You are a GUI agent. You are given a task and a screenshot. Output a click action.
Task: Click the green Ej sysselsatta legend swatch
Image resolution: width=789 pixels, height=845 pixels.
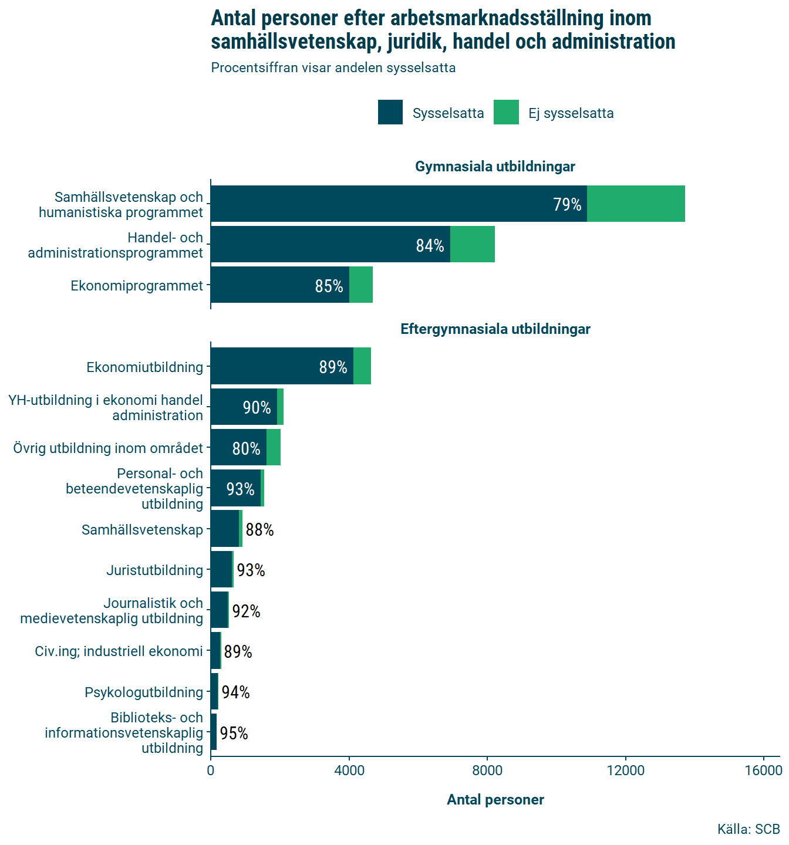(506, 113)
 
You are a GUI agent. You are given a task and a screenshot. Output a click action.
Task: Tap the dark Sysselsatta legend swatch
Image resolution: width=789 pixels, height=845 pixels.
(390, 113)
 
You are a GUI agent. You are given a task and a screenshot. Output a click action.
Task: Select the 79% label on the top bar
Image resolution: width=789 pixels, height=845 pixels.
(567, 204)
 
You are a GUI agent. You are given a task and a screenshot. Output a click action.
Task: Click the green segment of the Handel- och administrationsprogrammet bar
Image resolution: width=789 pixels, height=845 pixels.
(473, 244)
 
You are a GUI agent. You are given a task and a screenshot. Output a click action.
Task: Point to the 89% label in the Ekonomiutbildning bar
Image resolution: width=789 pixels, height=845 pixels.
(333, 367)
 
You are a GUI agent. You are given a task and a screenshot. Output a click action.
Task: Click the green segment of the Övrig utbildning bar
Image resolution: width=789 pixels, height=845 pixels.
(274, 448)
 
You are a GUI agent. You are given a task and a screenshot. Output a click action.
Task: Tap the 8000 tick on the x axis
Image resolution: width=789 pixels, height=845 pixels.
(487, 770)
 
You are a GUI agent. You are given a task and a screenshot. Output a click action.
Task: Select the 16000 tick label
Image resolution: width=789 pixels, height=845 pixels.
(763, 770)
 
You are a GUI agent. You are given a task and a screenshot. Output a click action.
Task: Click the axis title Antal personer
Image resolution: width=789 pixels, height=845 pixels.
(495, 800)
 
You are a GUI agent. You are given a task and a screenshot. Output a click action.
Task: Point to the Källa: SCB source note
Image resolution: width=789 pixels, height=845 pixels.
(748, 829)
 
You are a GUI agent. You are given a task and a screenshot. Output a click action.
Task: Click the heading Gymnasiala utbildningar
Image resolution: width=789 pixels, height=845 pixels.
(495, 167)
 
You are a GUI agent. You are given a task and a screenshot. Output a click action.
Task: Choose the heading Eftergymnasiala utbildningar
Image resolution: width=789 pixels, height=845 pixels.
(495, 329)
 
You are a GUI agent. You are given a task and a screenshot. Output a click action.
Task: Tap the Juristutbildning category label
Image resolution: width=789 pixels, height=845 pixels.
(154, 570)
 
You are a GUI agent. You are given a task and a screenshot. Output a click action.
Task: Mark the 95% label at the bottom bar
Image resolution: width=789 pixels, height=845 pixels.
(234, 733)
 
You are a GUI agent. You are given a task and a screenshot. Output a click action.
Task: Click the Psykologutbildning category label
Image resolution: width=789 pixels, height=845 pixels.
(144, 692)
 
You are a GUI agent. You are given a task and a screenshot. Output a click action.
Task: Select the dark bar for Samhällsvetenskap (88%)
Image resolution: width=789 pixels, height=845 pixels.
(225, 529)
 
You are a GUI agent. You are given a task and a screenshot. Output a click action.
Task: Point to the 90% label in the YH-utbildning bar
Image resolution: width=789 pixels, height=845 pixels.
(257, 407)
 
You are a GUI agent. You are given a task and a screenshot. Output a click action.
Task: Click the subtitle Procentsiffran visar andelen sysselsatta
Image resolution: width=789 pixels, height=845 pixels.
(333, 67)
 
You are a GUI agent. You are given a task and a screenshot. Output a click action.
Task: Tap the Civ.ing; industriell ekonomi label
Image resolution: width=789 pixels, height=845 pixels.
(119, 651)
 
